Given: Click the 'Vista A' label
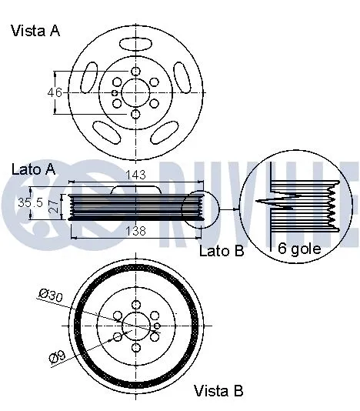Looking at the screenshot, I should coord(35,31).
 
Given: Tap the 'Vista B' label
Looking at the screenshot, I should coord(218,390).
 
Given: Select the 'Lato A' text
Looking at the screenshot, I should coord(33,168).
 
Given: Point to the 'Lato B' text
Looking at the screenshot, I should coord(222,251).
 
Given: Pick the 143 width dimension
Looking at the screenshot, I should coord(135,175).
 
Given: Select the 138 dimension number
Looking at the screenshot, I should coord(135,230).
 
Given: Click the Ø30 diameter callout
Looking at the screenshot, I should coord(52,293).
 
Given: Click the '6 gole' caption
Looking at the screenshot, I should coord(298,249).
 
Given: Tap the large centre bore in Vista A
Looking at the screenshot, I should coord(135,92).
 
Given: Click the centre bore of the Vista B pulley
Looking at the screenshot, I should coord(136,326).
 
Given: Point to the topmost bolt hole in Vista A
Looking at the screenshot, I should coord(135,71).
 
